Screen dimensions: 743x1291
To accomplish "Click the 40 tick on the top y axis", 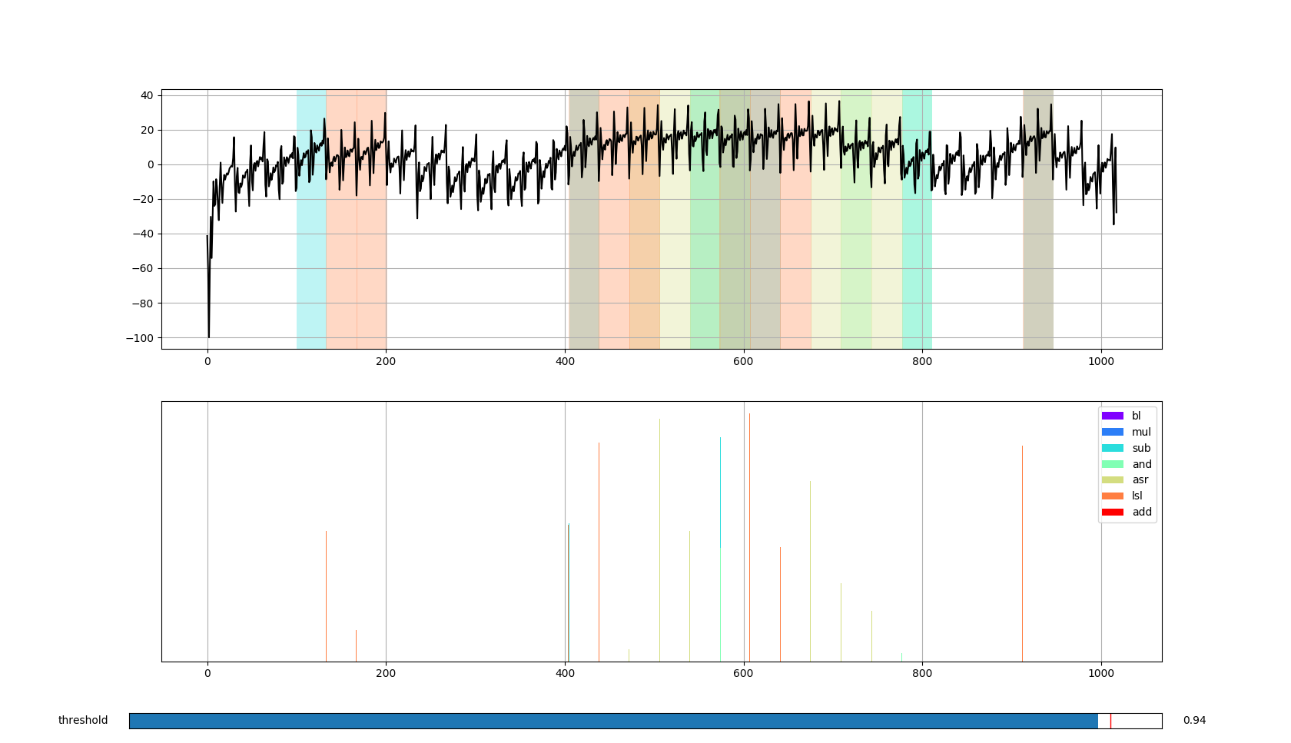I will (x=147, y=95).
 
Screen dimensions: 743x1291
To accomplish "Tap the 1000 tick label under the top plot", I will (x=1101, y=361).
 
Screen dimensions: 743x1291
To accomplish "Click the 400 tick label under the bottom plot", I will (x=565, y=674).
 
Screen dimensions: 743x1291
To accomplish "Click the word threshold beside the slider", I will (x=83, y=721).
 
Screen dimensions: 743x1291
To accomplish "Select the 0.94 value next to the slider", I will (x=1194, y=721).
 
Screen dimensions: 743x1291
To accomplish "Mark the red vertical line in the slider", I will (x=1110, y=721).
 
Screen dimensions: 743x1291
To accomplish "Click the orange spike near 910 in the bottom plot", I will (x=1022, y=553).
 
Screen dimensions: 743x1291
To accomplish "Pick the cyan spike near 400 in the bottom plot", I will (x=569, y=592).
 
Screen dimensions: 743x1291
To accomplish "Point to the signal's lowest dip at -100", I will (x=208, y=336).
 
